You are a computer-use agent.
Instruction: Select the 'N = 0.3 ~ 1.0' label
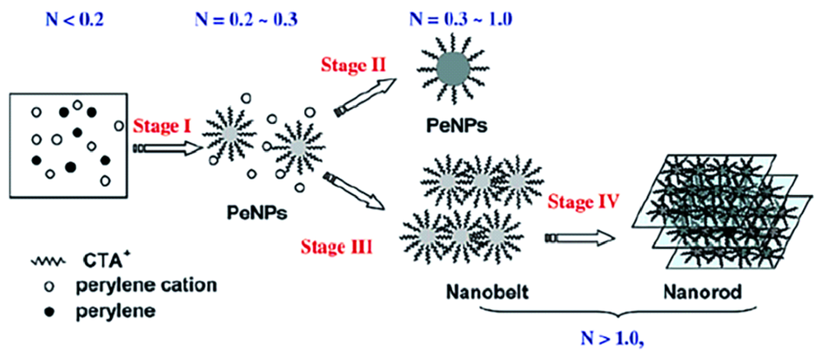pos(460,14)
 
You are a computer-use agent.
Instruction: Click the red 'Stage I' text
pos(162,127)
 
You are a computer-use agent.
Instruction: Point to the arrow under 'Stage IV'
pos(580,239)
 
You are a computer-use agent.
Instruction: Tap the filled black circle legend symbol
pos(48,312)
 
